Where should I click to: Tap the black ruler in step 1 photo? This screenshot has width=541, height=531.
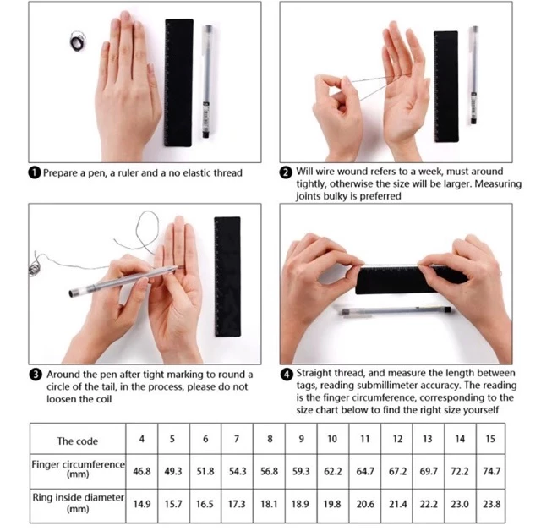point(178,83)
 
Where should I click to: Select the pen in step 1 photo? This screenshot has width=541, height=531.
point(207,81)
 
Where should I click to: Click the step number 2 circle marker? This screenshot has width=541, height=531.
point(286,172)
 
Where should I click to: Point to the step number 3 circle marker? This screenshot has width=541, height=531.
point(36,375)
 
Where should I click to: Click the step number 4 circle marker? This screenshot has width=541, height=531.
point(287,375)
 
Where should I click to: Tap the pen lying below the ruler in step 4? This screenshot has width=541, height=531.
point(396,311)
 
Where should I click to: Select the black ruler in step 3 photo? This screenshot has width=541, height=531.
point(227,276)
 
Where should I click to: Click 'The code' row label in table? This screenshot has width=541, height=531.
point(78,441)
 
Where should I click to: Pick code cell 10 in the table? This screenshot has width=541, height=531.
point(332,439)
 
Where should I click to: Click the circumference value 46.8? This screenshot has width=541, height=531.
point(142,471)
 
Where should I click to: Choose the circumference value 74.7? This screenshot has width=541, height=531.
point(491,471)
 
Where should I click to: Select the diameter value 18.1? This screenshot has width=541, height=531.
point(269,505)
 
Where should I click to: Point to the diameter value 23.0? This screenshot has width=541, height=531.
point(460,505)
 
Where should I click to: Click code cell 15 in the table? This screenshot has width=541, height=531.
point(490,439)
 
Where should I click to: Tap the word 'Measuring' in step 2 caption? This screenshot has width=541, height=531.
point(498,184)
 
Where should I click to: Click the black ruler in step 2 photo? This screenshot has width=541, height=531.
point(446,86)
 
